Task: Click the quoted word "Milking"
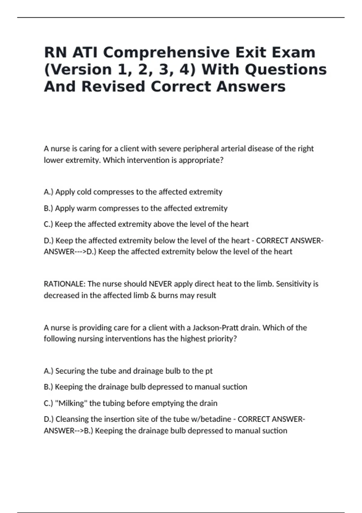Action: [x=71, y=403]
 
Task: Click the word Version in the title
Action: [x=78, y=70]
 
